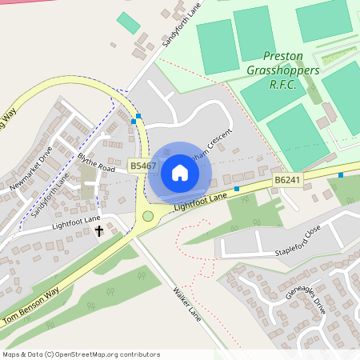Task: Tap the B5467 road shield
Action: coord(141,166)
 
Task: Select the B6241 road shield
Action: coord(286,182)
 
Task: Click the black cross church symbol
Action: coord(100,231)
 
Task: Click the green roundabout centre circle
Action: coord(147,216)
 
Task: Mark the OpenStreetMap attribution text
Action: coord(81,354)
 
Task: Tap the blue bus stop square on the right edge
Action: coord(342,174)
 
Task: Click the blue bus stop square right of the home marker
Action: coord(237,189)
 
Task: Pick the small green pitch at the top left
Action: coord(128,22)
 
